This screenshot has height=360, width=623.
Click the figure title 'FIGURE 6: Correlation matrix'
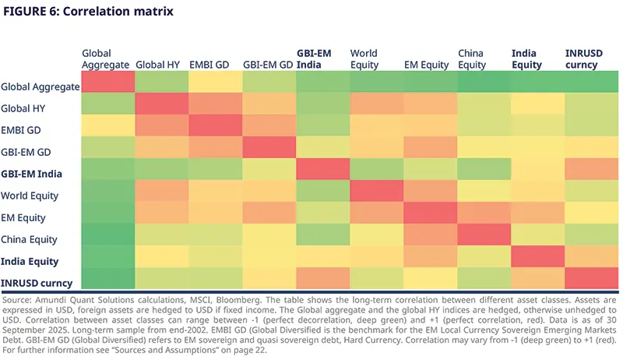(89, 12)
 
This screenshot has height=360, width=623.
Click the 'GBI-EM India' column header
(314, 58)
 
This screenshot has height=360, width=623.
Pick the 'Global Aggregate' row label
(40, 86)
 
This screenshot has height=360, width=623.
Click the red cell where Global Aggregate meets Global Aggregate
(107, 82)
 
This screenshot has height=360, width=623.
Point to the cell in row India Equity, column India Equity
(537, 256)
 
